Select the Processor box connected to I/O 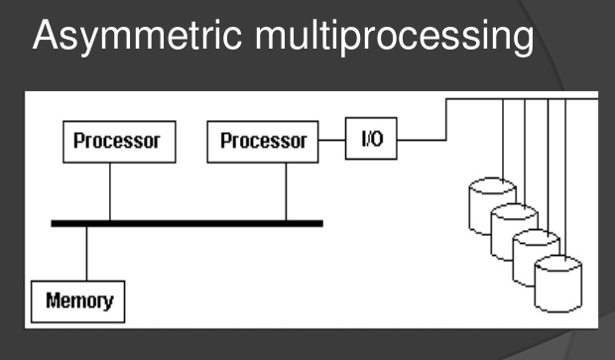(x=263, y=142)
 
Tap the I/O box (x=371, y=140)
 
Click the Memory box (x=79, y=300)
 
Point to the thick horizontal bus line (x=188, y=223)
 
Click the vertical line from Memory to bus (x=86, y=253)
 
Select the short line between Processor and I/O (x=331, y=141)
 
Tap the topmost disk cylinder (x=492, y=199)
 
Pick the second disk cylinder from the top (x=514, y=225)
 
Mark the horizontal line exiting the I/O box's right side (x=421, y=140)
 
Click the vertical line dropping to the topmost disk (x=504, y=139)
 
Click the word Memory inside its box (x=79, y=300)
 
